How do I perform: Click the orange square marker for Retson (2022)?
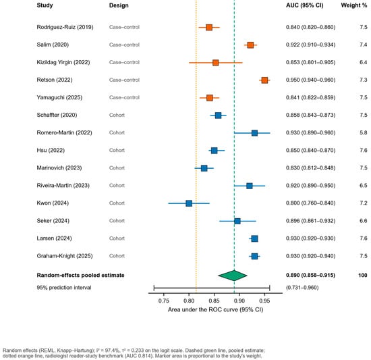point(264,80)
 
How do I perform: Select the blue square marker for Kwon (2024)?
point(189,203)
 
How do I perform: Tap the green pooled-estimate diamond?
point(233,276)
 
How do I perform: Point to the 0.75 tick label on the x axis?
point(163,301)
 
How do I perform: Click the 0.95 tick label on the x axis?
point(264,301)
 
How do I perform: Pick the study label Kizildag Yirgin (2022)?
point(63,62)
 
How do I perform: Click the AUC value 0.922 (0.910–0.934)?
point(310,45)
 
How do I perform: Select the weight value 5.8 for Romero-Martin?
point(364,132)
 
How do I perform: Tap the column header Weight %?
point(354,5)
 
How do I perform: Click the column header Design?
point(119,5)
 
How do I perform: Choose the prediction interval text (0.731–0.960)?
point(302,288)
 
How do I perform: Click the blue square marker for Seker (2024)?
point(237,222)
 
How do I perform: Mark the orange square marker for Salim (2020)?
point(250,45)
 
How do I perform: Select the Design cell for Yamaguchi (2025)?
point(124,97)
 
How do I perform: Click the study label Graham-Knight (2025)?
point(65,256)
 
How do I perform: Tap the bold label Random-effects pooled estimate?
point(80,275)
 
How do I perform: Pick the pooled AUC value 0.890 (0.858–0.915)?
point(310,275)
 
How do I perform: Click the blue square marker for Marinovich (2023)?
point(204,168)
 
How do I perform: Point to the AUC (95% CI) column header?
point(304,5)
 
